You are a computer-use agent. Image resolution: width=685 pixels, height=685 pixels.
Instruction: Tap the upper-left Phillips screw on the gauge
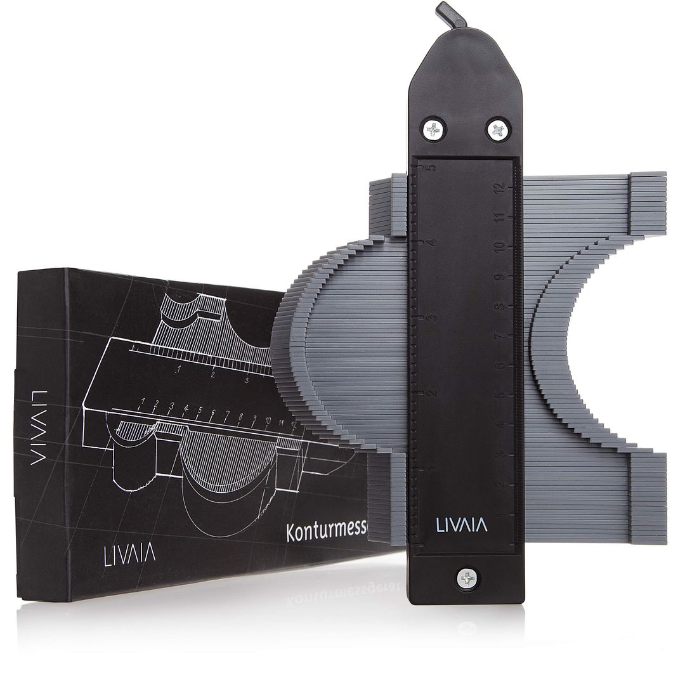tap(434, 129)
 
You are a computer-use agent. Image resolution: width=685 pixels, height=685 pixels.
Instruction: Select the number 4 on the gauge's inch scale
tap(431, 242)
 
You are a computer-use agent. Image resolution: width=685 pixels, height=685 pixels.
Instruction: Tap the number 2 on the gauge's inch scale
tap(431, 392)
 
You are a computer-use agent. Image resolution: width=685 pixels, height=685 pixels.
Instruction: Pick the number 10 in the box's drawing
tap(268, 421)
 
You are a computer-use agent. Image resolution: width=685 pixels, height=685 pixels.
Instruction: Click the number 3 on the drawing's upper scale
tap(246, 380)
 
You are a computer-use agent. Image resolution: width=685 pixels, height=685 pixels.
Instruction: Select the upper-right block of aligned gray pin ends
tap(647, 203)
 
